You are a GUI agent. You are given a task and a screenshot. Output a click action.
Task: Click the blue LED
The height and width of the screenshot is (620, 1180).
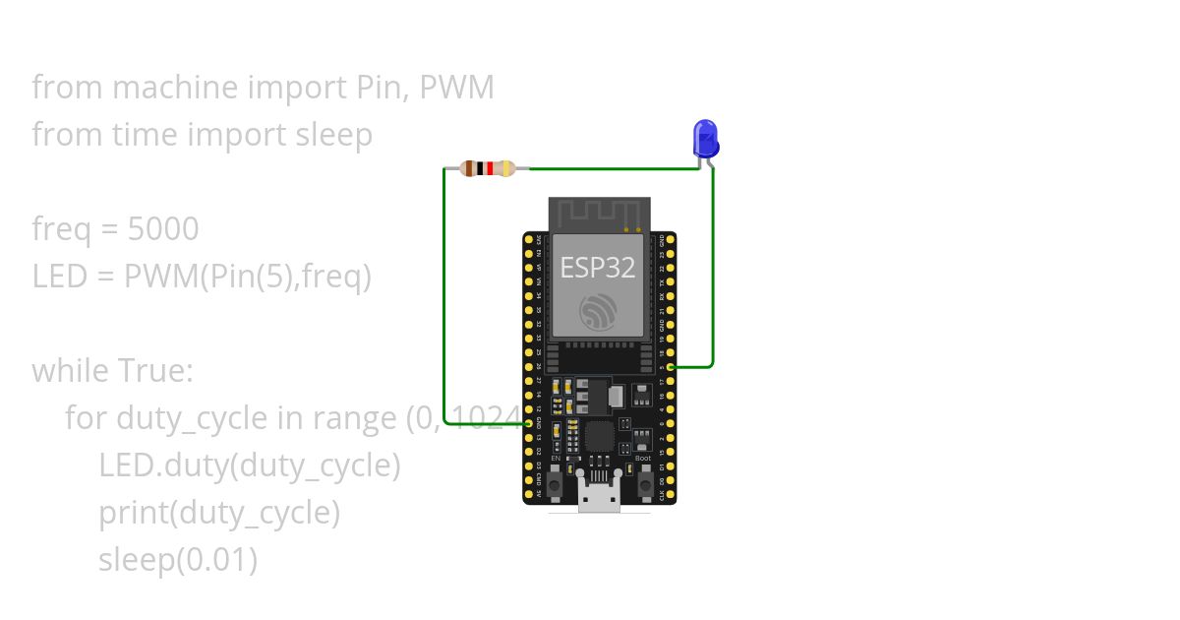point(705,139)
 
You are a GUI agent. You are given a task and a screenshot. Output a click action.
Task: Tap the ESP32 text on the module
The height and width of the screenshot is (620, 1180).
point(598,267)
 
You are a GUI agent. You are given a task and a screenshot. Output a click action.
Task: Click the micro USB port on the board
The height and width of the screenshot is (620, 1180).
point(599,500)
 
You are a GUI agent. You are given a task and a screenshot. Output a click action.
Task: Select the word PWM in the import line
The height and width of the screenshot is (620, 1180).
point(456,88)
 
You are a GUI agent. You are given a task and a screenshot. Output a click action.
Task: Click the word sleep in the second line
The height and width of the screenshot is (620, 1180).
point(334,135)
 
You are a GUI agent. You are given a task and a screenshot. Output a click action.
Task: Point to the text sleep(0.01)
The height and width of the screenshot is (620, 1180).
point(178,560)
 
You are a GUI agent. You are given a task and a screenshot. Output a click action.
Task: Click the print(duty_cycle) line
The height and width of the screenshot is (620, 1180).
point(219,513)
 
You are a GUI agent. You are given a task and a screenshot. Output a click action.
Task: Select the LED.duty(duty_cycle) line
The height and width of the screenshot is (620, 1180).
point(250,465)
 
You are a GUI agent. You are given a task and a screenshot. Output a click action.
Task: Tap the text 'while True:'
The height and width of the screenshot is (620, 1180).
point(113,371)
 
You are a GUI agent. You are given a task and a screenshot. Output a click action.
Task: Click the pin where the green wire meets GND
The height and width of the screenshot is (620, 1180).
point(529,423)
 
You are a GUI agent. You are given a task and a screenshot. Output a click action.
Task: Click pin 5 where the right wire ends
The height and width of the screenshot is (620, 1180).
point(670,367)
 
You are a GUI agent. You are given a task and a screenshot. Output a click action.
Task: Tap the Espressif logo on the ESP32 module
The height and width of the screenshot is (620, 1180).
point(599,312)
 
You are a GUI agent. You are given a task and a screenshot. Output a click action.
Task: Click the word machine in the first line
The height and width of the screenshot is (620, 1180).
point(175,88)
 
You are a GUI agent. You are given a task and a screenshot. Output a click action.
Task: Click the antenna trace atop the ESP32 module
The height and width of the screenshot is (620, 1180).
point(599,213)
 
